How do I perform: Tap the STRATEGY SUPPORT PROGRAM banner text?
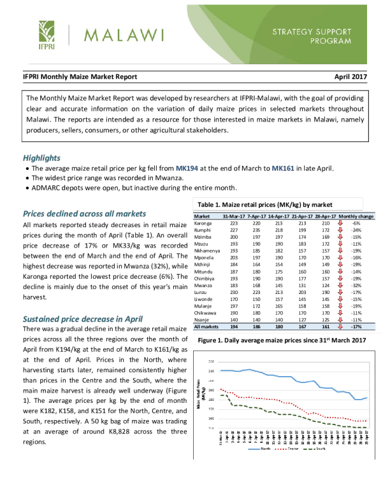pos(312,36)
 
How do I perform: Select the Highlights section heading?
pos(42,158)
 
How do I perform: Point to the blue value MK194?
pos(187,169)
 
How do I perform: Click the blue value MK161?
pos(283,169)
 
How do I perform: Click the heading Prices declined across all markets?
pos(85,213)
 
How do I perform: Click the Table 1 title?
pos(265,205)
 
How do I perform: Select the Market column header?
pos(201,217)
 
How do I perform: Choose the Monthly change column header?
pos(357,217)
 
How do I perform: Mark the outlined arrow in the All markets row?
pos(340,326)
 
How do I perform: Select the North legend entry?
pos(262,449)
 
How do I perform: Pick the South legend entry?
pos(324,449)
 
